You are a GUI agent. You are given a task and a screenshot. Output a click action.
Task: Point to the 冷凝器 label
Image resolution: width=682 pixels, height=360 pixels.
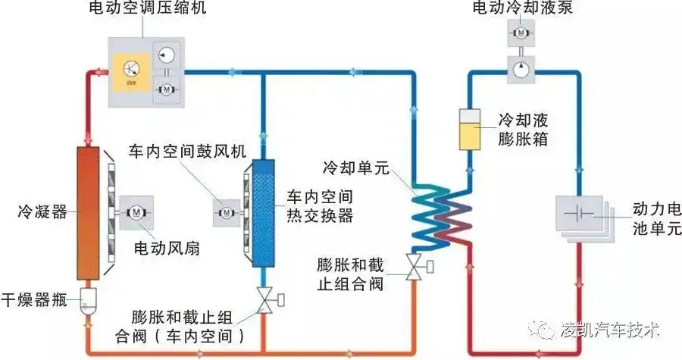(x=37, y=208)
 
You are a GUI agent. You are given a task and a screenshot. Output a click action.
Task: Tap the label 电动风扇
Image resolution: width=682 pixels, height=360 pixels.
(x=167, y=248)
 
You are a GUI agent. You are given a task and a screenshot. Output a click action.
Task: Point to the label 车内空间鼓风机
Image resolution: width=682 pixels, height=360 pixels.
(x=188, y=151)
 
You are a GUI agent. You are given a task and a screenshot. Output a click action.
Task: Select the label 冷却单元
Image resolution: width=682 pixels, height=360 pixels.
(x=355, y=168)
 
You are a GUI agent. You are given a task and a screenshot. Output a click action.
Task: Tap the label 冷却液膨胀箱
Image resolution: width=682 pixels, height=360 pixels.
(x=523, y=130)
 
